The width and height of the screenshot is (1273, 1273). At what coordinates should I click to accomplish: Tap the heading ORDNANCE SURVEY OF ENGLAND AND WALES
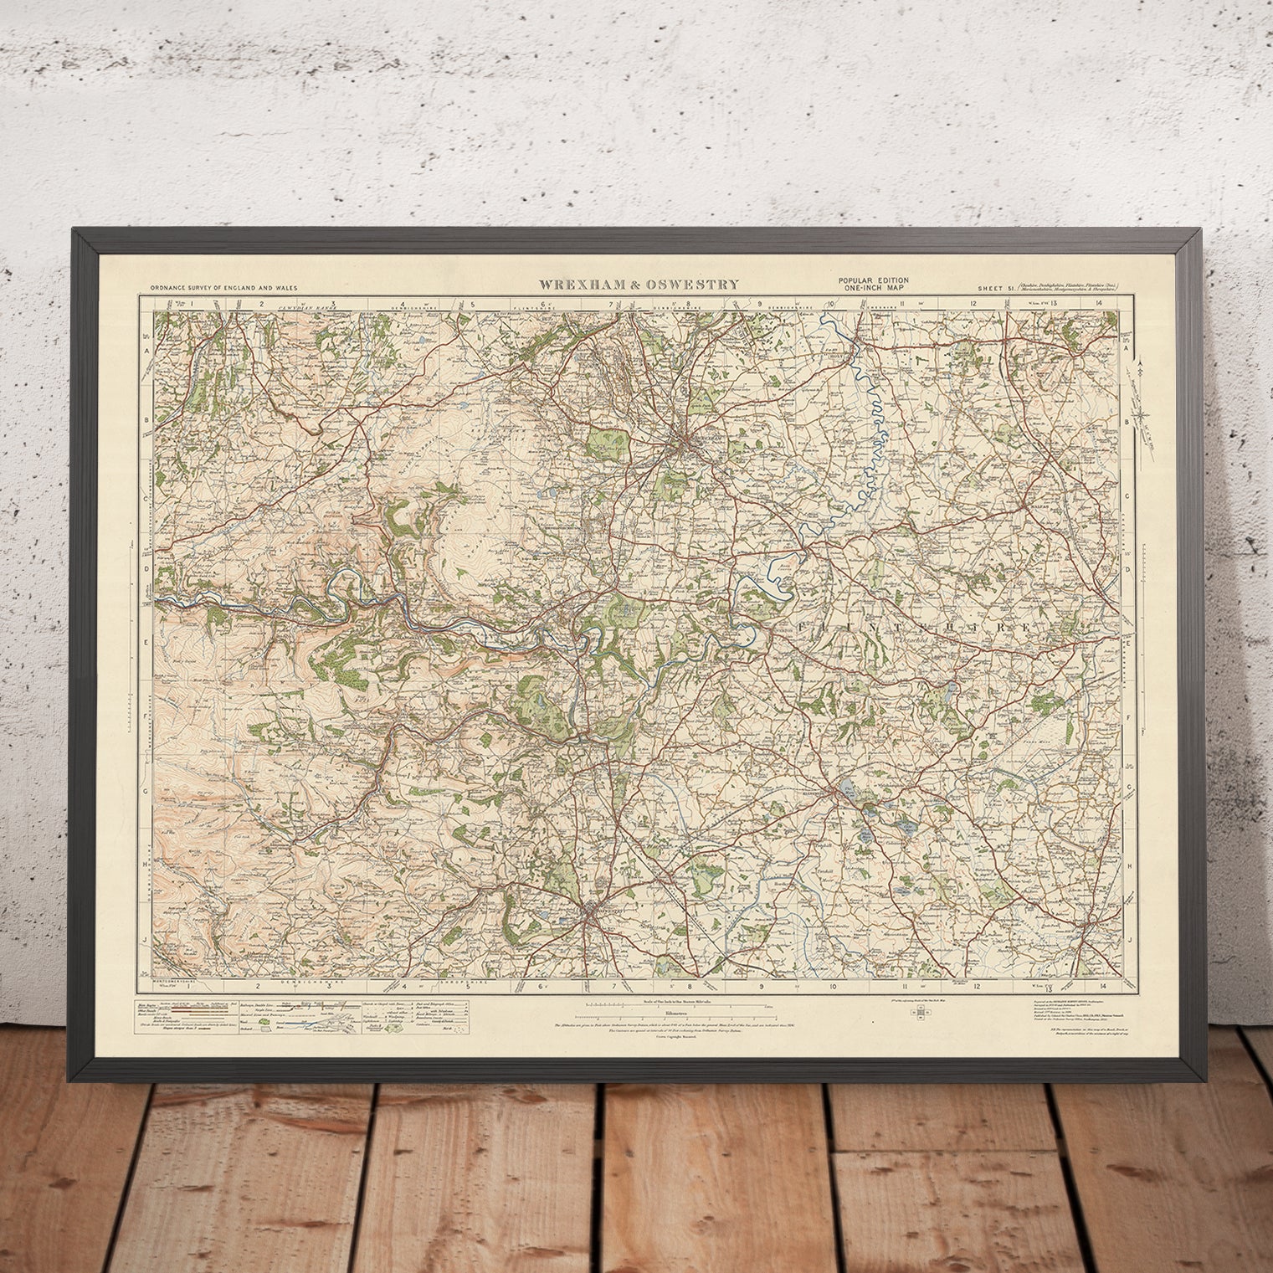[223, 288]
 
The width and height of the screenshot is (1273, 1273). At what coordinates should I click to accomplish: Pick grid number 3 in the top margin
[332, 305]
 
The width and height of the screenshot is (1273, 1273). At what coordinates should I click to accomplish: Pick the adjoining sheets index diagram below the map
[922, 1012]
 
